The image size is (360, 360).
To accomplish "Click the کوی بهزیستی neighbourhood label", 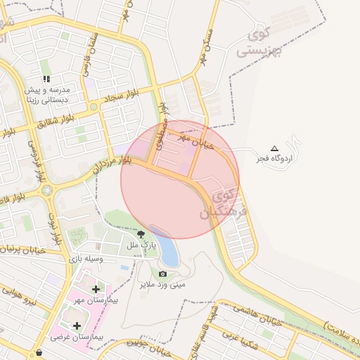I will click(255, 43).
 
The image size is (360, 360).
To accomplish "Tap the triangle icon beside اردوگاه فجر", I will click(274, 148).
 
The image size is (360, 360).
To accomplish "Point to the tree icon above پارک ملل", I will click(141, 234).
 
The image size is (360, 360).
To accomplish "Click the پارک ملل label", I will click(139, 245).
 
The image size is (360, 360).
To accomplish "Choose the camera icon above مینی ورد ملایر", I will click(163, 274).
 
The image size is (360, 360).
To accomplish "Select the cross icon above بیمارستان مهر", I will click(96, 288).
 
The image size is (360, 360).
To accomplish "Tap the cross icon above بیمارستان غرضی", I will click(76, 326).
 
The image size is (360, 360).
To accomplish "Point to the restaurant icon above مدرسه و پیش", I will click(46, 79).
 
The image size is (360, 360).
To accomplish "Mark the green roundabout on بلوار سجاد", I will click(93, 107).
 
